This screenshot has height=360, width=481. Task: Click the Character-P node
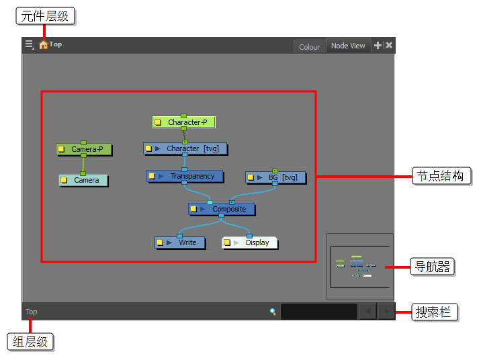(x=184, y=122)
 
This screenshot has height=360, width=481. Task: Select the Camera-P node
(x=84, y=149)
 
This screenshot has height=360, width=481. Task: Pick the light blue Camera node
(x=83, y=180)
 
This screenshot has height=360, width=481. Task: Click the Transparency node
(x=185, y=177)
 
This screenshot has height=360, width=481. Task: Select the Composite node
(x=222, y=209)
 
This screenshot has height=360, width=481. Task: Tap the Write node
(x=180, y=242)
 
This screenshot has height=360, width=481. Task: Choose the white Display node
(x=250, y=242)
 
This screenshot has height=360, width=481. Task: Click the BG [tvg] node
(x=275, y=177)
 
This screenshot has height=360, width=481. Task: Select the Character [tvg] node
(x=185, y=148)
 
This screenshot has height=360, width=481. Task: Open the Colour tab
(x=309, y=47)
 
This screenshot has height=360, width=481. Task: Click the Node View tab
(x=348, y=46)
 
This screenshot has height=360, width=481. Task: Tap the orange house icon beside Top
(x=43, y=45)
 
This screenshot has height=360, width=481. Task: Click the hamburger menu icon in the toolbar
(x=30, y=45)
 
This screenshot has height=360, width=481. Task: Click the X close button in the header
(x=389, y=46)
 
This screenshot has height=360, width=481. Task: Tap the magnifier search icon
(x=273, y=312)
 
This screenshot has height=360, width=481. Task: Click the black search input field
(x=319, y=312)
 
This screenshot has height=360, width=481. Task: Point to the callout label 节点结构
(x=441, y=176)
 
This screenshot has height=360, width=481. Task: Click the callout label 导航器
(x=432, y=267)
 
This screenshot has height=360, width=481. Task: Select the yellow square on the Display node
(x=227, y=242)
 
